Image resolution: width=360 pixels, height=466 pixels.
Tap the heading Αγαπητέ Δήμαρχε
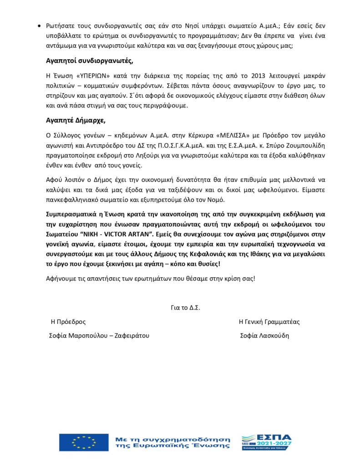76,121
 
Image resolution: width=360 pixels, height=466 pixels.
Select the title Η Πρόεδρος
68,322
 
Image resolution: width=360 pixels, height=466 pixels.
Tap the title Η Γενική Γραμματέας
269,322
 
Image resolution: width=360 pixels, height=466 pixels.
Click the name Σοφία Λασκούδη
264,336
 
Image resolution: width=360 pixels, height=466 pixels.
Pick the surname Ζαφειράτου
128,336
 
